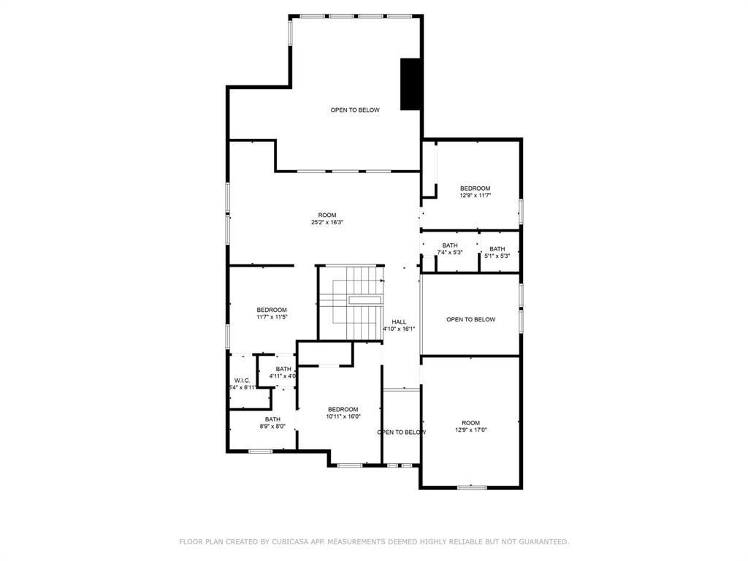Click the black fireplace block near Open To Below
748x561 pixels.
pyautogui.click(x=410, y=84)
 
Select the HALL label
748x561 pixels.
pyautogui.click(x=399, y=321)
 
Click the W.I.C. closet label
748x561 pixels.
pyautogui.click(x=243, y=380)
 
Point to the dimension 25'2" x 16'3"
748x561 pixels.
pyautogui.click(x=327, y=222)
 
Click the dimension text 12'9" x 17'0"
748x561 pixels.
pyautogui.click(x=470, y=430)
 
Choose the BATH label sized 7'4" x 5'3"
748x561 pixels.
pyautogui.click(x=450, y=245)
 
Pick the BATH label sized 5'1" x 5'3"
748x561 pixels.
pyautogui.click(x=497, y=249)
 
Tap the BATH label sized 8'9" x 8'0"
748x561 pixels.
pyautogui.click(x=272, y=419)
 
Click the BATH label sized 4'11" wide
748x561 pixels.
pyautogui.click(x=283, y=369)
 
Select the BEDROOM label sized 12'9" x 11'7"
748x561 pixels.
pyautogui.click(x=475, y=188)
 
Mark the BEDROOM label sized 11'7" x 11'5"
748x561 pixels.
pyautogui.click(x=272, y=310)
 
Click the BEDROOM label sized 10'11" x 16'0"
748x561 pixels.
pyautogui.click(x=343, y=409)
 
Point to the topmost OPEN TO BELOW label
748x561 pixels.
pyautogui.click(x=355, y=110)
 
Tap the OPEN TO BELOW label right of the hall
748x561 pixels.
pyautogui.click(x=471, y=319)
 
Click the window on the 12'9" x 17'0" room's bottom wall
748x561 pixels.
pyautogui.click(x=472, y=486)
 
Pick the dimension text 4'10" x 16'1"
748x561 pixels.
pyautogui.click(x=399, y=329)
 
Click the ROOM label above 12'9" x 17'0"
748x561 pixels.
pyautogui.click(x=470, y=423)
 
